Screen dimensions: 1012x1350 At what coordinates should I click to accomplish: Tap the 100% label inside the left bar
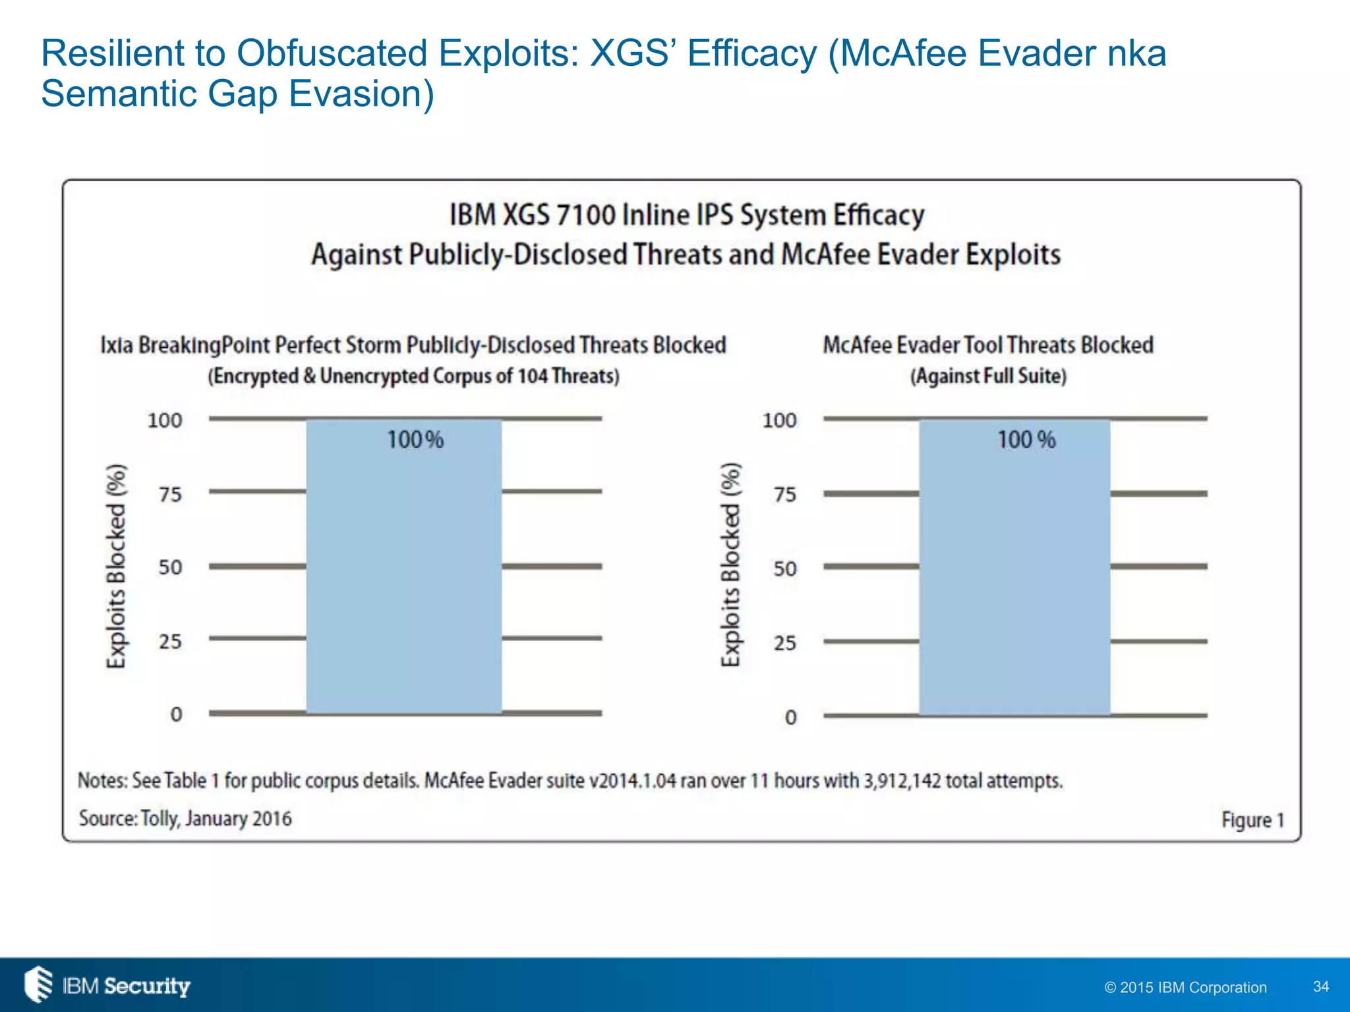coord(415,439)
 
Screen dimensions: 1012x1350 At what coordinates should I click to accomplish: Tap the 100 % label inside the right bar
coord(1026,439)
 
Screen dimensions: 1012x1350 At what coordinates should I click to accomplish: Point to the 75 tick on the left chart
coord(170,494)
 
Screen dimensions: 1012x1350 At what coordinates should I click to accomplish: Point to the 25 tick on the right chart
coord(784,642)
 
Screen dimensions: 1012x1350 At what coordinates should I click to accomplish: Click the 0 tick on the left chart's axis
coord(176,714)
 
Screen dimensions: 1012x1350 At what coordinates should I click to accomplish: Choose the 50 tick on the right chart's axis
coord(784,569)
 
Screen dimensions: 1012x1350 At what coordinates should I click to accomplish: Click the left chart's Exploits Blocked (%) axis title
coord(116,565)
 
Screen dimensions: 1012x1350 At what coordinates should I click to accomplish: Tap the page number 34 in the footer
coord(1320,986)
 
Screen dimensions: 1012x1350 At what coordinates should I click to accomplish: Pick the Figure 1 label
coord(1252,820)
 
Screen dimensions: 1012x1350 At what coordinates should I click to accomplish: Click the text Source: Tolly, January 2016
coord(185,818)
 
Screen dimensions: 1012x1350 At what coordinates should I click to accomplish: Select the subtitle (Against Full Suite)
coord(988,376)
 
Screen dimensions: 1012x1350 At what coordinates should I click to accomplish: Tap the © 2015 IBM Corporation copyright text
coord(1185,987)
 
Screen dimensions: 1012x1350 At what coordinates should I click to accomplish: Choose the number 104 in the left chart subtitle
coord(532,376)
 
